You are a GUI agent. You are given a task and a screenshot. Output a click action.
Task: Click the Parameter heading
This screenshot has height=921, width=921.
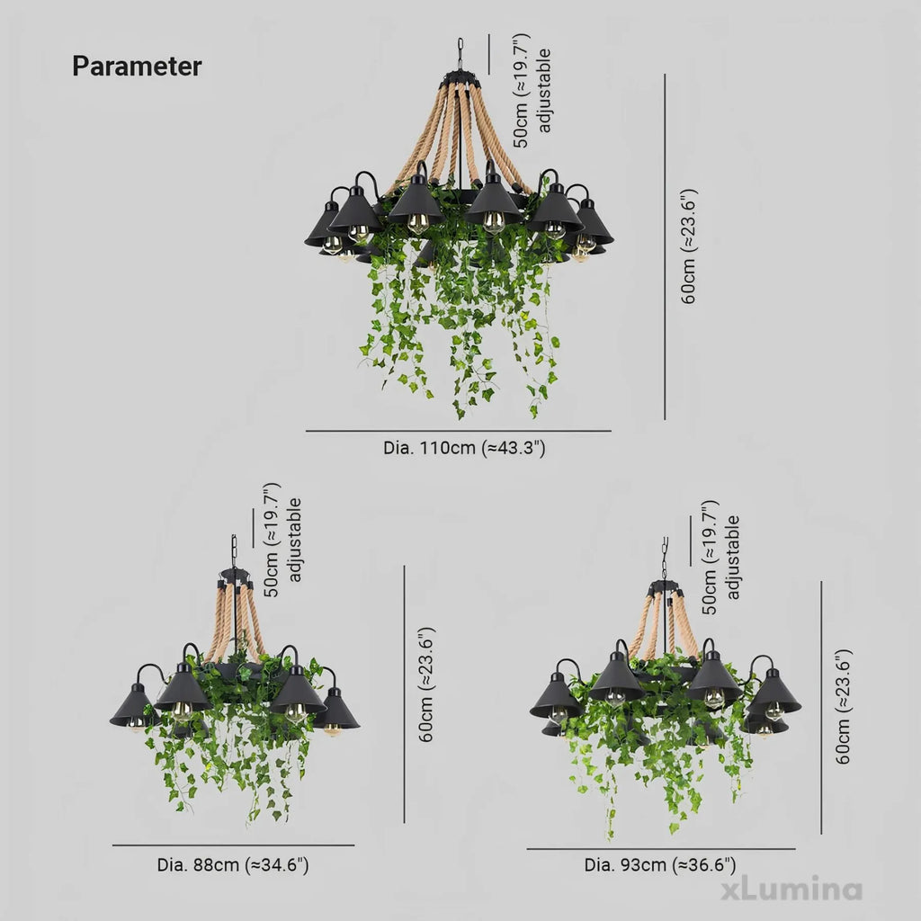(x=137, y=66)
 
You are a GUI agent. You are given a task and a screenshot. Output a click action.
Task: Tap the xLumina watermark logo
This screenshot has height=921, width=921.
(x=791, y=890)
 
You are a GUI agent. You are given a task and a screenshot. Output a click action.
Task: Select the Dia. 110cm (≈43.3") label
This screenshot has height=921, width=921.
(x=464, y=448)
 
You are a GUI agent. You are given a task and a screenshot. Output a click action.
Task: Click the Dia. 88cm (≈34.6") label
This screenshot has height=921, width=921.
(x=233, y=864)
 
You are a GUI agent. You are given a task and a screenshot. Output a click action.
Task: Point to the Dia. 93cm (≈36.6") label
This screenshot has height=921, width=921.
(x=659, y=864)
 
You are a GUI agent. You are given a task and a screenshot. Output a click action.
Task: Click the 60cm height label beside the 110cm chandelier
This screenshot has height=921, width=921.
(x=688, y=246)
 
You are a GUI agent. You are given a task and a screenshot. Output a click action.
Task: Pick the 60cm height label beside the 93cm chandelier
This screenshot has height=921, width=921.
(x=843, y=707)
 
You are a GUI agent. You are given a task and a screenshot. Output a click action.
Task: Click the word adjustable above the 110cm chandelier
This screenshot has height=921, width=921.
(x=544, y=91)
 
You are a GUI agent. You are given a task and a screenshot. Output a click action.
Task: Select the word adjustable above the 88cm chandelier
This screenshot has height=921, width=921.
(x=294, y=540)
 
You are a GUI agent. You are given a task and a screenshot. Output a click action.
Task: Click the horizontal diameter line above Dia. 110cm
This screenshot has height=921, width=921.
(x=458, y=431)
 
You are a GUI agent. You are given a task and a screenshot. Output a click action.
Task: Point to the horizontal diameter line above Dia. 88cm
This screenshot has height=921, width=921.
(x=233, y=845)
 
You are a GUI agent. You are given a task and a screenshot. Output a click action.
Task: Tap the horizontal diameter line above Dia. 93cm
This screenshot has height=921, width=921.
(x=661, y=849)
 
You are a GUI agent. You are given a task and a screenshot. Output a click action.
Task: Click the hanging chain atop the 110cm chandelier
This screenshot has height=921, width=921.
(x=460, y=54)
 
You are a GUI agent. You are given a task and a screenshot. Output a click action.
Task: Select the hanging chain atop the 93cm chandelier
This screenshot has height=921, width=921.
(x=665, y=558)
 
